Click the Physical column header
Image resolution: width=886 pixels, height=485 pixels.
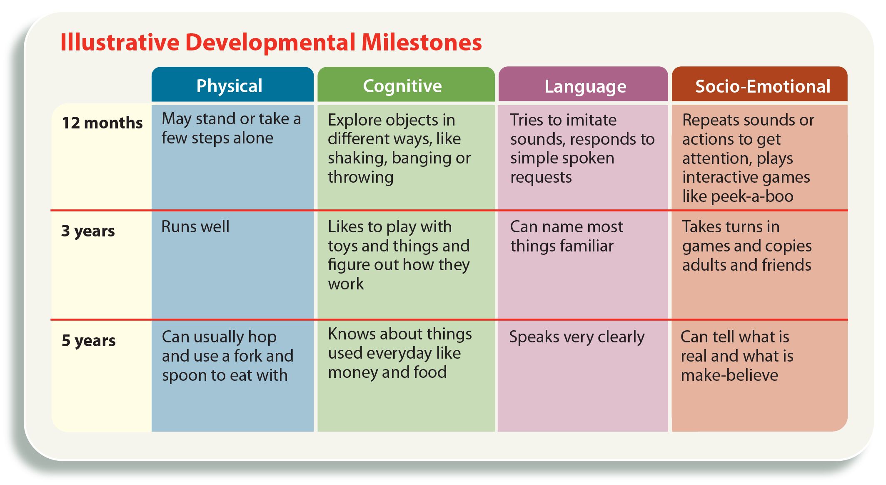coord(229,86)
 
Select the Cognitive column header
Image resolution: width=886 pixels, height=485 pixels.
coord(402,86)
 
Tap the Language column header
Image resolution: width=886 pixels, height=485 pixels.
coord(585,87)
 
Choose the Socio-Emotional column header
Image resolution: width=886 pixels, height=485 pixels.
coord(763,86)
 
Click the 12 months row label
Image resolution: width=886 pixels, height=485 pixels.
coord(102,123)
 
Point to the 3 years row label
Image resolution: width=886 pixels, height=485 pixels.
coord(88,231)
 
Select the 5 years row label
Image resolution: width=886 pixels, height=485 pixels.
coord(89,341)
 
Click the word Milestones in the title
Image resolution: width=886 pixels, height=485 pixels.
coord(422,43)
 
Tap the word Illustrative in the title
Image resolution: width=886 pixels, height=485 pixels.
coord(120,43)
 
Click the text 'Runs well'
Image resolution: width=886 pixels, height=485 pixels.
coord(195,226)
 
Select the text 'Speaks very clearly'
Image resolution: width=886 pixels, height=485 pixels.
coord(577,337)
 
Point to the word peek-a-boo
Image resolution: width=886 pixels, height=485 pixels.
coord(752,196)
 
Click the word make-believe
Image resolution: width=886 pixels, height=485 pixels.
coord(729,375)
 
